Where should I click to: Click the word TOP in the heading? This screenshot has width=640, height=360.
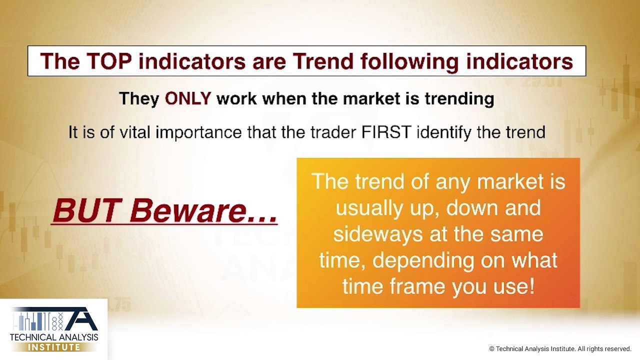[x=109, y=61]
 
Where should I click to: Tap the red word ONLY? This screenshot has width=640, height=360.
[x=187, y=98]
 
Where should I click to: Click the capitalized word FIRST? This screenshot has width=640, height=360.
[x=386, y=132]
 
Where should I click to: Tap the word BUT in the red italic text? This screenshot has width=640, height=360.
[x=85, y=210]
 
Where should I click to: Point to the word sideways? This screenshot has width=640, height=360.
[x=377, y=234]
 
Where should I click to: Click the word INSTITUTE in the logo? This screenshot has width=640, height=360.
[x=54, y=347]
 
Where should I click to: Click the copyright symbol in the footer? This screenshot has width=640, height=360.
[x=491, y=349]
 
